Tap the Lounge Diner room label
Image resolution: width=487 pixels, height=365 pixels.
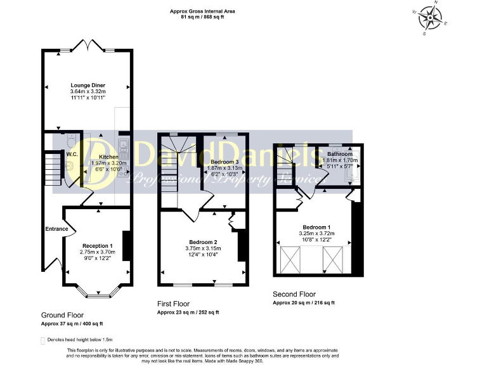[88, 85]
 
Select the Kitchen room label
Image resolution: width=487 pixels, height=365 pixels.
[108, 157]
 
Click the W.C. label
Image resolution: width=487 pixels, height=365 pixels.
[72, 153]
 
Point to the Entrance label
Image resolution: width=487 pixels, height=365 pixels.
[56, 229]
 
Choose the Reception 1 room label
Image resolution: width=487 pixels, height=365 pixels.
[97, 245]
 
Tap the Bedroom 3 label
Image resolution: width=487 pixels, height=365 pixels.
[223, 162]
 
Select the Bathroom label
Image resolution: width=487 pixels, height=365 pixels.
[340, 154]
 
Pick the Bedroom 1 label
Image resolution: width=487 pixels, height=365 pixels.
[316, 227]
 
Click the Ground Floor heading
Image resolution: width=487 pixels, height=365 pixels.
[62, 315]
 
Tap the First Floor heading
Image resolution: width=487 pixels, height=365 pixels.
[173, 304]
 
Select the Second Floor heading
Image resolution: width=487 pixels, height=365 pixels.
[294, 295]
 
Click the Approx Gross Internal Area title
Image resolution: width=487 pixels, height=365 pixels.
[197, 11]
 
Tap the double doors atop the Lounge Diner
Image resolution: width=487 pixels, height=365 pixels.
[88, 46]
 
